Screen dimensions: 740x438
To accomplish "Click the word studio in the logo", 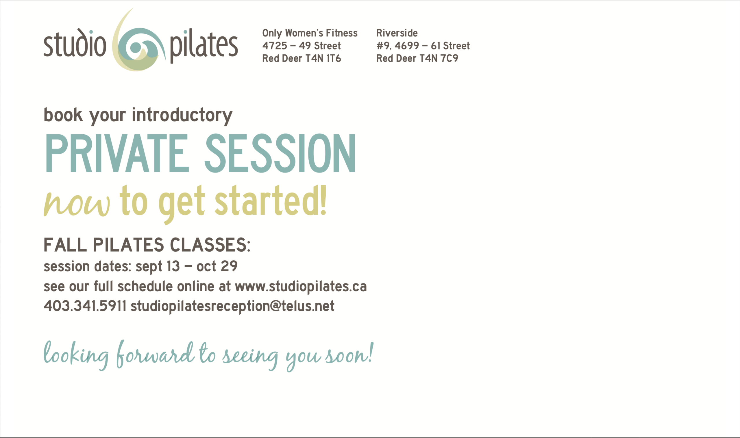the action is click(75, 42).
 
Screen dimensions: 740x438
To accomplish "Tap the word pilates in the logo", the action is click(204, 46).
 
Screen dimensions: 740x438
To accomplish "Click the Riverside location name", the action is click(397, 33).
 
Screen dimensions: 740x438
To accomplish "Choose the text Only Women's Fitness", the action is click(310, 33).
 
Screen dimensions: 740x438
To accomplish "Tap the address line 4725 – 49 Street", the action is click(301, 46).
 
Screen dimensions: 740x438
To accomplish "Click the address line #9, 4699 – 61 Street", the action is click(423, 46).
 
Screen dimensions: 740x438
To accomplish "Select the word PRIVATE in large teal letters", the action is click(117, 153).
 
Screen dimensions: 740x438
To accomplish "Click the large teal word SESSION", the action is click(280, 153).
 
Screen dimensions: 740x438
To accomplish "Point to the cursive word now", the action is click(77, 204).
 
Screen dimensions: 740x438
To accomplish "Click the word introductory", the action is click(182, 115).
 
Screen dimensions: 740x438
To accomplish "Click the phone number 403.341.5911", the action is click(85, 306).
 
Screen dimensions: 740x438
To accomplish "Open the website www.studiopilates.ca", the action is click(301, 287).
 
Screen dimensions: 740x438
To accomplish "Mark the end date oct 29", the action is click(217, 266).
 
